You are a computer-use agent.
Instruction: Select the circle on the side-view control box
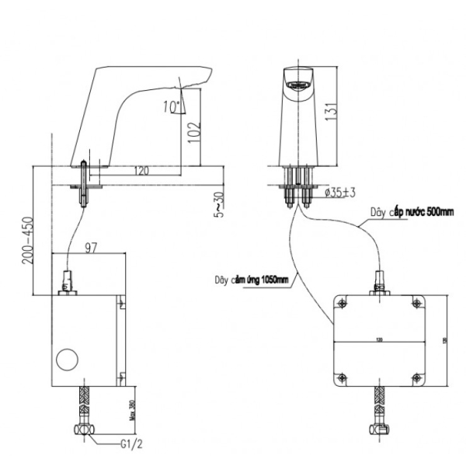coord(68,361)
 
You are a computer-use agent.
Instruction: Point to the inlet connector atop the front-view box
coord(379,282)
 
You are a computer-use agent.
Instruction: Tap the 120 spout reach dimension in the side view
coord(141,169)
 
